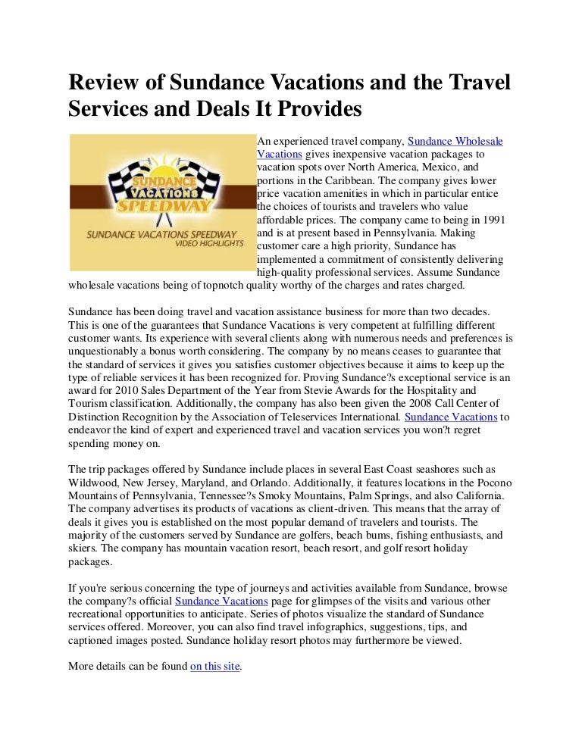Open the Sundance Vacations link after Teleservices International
(x=452, y=417)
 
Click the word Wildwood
(x=91, y=483)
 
